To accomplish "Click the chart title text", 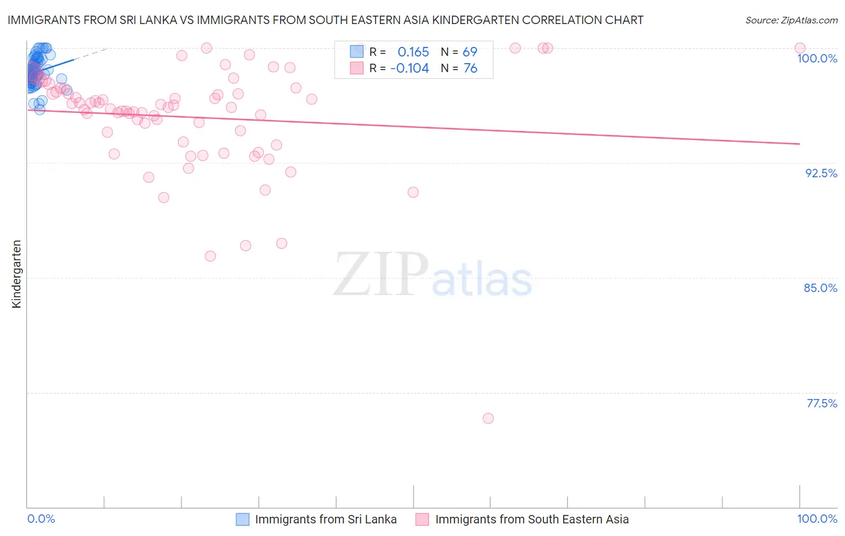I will [x=325, y=20].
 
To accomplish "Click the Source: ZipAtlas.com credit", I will [x=791, y=20].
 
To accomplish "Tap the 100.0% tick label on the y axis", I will [x=817, y=58].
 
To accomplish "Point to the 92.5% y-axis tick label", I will [x=821, y=173].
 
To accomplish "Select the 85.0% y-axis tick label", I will [x=820, y=288].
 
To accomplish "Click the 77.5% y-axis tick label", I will [x=822, y=403].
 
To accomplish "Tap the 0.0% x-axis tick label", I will [x=41, y=519].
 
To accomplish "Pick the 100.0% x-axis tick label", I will [x=817, y=519].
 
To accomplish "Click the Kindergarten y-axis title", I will [x=16, y=274].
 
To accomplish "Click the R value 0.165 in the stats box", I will [x=413, y=52].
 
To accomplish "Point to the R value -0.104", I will [x=409, y=68].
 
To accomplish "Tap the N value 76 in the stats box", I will [x=470, y=68].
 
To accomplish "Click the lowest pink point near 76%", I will [x=488, y=418].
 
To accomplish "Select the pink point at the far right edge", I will [x=800, y=48].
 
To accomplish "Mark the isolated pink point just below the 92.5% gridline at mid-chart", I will [x=413, y=192].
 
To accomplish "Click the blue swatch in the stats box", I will [x=357, y=52].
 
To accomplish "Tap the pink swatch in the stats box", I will [x=357, y=68].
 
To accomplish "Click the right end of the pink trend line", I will [x=799, y=144].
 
